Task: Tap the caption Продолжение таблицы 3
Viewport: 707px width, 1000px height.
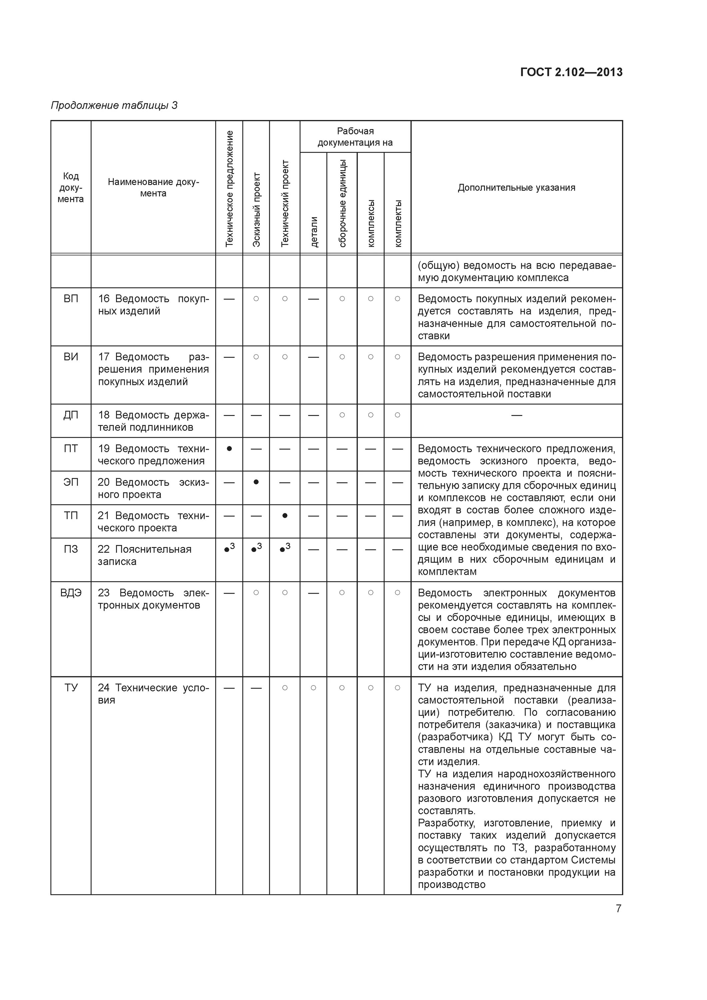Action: [x=114, y=105]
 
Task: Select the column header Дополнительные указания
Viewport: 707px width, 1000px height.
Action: [x=516, y=188]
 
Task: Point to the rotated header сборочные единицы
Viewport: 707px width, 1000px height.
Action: [x=342, y=203]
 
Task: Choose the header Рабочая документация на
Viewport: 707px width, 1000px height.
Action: [x=355, y=137]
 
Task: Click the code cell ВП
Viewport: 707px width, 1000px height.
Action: [x=71, y=299]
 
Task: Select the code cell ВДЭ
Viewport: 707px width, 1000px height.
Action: [x=71, y=593]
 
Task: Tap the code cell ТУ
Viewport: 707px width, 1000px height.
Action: [x=71, y=688]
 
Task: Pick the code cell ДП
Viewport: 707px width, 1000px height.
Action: [x=71, y=415]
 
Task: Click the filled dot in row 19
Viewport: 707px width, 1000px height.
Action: [x=229, y=449]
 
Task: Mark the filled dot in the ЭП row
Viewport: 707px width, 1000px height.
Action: [x=256, y=482]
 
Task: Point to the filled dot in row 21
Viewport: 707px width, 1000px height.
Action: [x=285, y=516]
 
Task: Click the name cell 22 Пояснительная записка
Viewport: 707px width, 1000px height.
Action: [x=144, y=555]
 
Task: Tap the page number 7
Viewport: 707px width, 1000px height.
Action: [x=618, y=909]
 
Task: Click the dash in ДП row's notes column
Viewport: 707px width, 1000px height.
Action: [x=516, y=415]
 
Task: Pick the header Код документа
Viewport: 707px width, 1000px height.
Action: [x=71, y=188]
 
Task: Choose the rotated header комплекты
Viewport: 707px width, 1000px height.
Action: [x=398, y=223]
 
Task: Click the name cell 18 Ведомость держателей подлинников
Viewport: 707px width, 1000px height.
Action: [x=153, y=421]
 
